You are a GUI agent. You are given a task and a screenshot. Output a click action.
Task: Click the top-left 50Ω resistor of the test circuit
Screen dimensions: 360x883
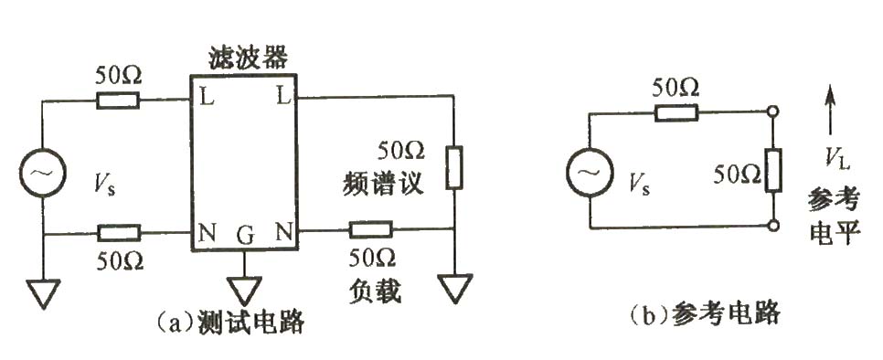[119, 100]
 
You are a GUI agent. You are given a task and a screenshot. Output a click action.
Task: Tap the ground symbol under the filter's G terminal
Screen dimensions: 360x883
[244, 291]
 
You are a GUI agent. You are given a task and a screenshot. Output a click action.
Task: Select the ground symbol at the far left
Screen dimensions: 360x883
[43, 293]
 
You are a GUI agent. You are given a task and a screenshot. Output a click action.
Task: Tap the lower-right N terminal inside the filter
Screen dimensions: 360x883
[284, 234]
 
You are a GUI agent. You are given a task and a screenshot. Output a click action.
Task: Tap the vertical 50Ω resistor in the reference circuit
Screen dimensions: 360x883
[775, 170]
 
